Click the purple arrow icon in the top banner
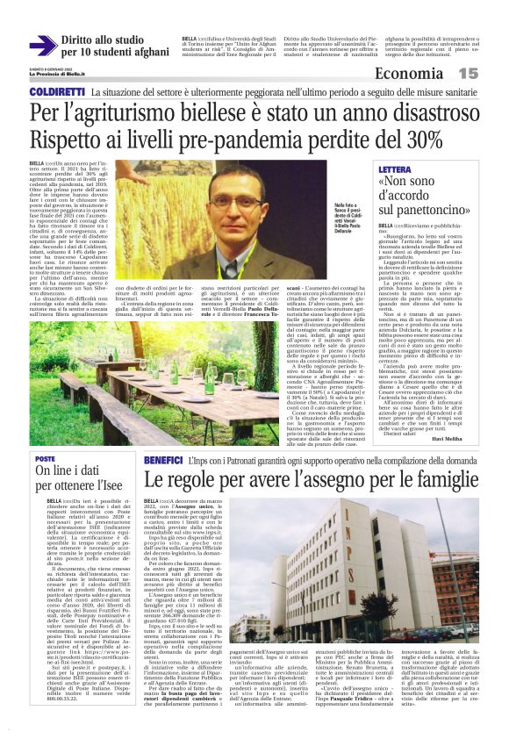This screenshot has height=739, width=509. [x=43, y=46]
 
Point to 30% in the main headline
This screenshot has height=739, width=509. [x=420, y=139]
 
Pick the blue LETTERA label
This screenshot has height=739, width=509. [x=400, y=169]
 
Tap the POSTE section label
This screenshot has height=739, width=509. [x=45, y=459]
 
